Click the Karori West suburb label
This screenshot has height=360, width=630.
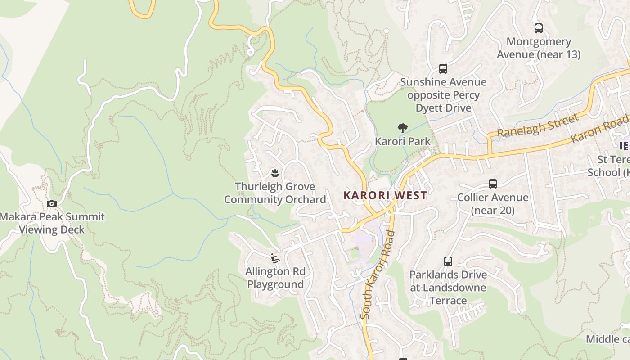[x=385, y=195]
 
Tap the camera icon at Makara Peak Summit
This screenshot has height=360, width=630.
[x=52, y=204]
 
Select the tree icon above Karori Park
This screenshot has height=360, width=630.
[x=403, y=128]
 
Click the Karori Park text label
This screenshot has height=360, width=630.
[x=403, y=141]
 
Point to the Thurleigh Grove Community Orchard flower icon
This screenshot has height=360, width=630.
[x=274, y=173]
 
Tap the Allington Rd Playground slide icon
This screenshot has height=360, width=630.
[x=275, y=258]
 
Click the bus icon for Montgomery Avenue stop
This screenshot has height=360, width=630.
[x=538, y=28]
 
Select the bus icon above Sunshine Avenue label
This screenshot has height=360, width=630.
[x=443, y=69]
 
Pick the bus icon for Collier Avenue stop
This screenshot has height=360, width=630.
[x=493, y=184]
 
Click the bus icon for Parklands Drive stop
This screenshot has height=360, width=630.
[x=448, y=261]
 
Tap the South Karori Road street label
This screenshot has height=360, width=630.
[x=378, y=274]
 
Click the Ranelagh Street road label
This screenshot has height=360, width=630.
[x=537, y=126]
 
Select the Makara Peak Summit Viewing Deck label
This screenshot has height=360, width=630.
[x=52, y=223]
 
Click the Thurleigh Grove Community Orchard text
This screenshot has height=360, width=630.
[x=275, y=193]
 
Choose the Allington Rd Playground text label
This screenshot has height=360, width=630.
[x=275, y=278]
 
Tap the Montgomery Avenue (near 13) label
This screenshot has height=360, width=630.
[x=539, y=48]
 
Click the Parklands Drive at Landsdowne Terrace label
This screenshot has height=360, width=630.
[x=448, y=288]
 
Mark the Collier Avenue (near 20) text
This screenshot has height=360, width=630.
[x=493, y=204]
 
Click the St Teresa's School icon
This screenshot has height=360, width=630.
[x=624, y=146]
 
